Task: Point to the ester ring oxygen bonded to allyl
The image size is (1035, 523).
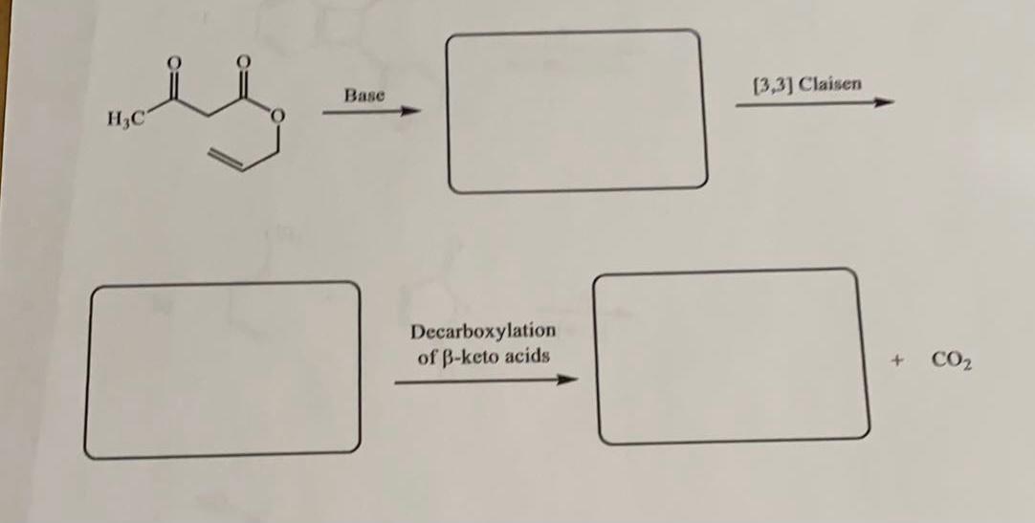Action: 278,119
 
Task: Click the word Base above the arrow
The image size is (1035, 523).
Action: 364,95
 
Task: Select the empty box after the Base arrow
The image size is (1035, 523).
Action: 577,111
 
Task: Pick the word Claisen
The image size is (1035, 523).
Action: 829,83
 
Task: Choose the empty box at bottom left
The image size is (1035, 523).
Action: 225,369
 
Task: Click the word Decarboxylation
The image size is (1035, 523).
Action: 483,331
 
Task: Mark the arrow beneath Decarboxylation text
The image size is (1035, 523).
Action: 486,381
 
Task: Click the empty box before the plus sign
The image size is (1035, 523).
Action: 732,358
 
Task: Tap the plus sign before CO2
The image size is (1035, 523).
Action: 897,361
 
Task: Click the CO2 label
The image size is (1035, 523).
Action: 951,361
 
